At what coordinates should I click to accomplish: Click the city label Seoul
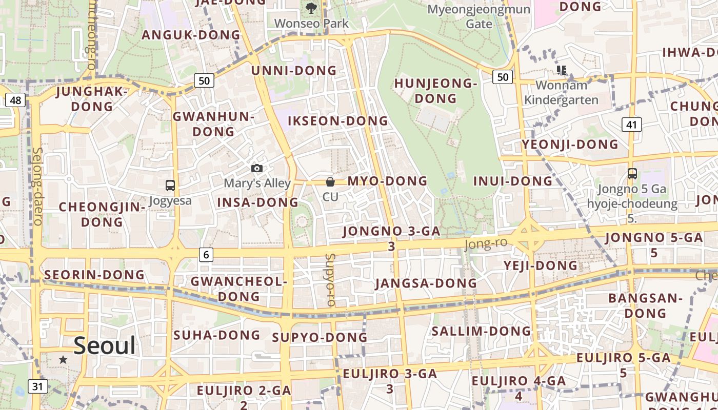105,346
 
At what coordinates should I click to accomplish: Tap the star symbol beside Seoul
63,360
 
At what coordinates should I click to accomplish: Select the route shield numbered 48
15,100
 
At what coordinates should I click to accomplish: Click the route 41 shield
631,124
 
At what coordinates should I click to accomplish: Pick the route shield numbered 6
206,254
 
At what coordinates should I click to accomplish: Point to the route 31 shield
37,386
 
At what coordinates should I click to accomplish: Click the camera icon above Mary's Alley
257,168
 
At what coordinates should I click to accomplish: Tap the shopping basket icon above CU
330,181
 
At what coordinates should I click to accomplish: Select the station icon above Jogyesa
170,186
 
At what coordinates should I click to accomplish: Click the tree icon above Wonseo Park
311,8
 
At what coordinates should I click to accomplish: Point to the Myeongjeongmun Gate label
478,16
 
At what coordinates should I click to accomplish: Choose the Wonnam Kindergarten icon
561,70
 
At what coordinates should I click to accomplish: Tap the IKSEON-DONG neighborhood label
338,121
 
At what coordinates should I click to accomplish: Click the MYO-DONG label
387,181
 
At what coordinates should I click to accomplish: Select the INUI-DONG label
512,181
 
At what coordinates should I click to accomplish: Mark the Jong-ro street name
485,244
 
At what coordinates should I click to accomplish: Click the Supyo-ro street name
330,280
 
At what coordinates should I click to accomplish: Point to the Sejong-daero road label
37,187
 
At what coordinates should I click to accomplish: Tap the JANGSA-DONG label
426,283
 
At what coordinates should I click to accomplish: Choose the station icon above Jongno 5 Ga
632,174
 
